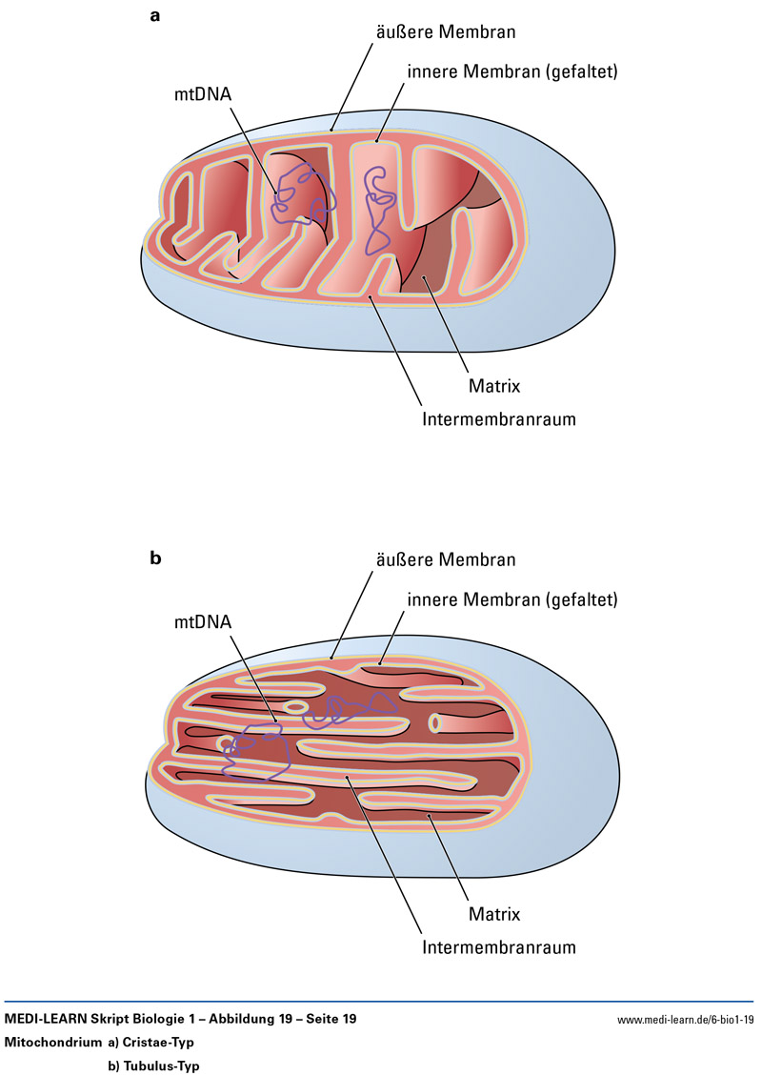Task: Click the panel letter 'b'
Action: click(156, 559)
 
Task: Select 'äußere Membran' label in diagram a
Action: click(443, 32)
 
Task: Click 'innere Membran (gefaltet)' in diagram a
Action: click(513, 71)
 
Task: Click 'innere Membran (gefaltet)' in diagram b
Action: click(513, 600)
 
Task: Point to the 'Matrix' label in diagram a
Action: click(493, 386)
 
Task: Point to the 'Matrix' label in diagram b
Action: click(493, 915)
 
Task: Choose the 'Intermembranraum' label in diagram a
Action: click(499, 418)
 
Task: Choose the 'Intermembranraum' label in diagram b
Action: click(499, 947)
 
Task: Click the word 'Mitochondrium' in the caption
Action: click(52, 1043)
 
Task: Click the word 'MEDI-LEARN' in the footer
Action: click(44, 1020)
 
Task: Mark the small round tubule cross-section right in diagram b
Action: click(436, 722)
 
